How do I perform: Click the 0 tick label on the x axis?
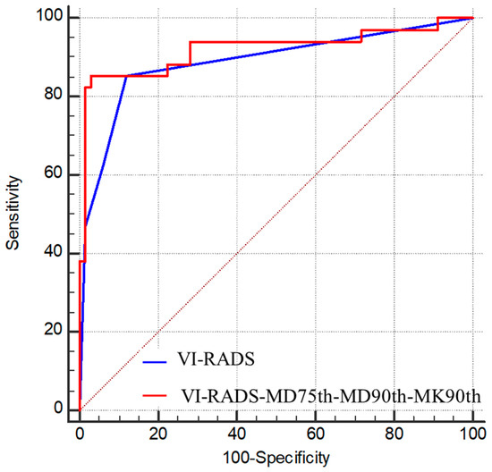click(x=80, y=433)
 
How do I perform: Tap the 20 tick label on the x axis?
click(x=158, y=433)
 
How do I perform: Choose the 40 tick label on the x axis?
click(x=237, y=433)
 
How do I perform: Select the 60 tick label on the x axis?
click(x=316, y=433)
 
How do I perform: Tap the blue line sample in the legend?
click(x=163, y=362)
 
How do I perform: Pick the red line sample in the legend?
click(x=163, y=392)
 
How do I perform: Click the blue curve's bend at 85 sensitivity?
click(x=126, y=76)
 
